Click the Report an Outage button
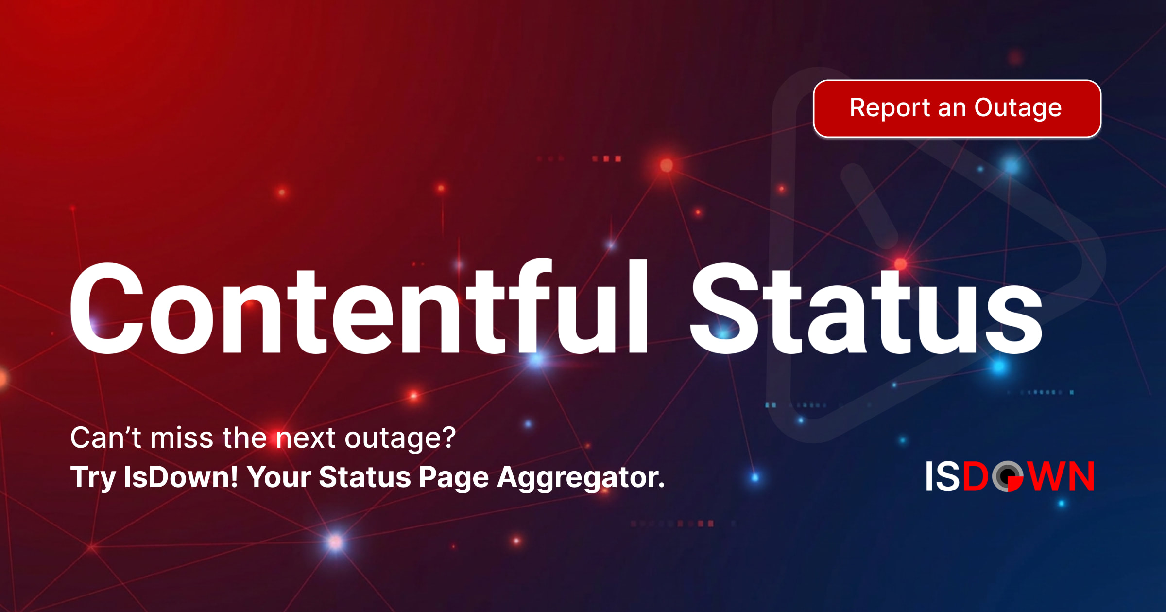(957, 108)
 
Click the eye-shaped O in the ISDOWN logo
(1008, 476)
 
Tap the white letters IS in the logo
(943, 476)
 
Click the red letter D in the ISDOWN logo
(976, 476)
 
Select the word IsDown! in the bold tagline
(181, 477)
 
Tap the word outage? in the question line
(400, 438)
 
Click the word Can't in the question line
(106, 437)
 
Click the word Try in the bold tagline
(93, 478)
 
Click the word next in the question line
(306, 438)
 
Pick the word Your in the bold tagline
(278, 477)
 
